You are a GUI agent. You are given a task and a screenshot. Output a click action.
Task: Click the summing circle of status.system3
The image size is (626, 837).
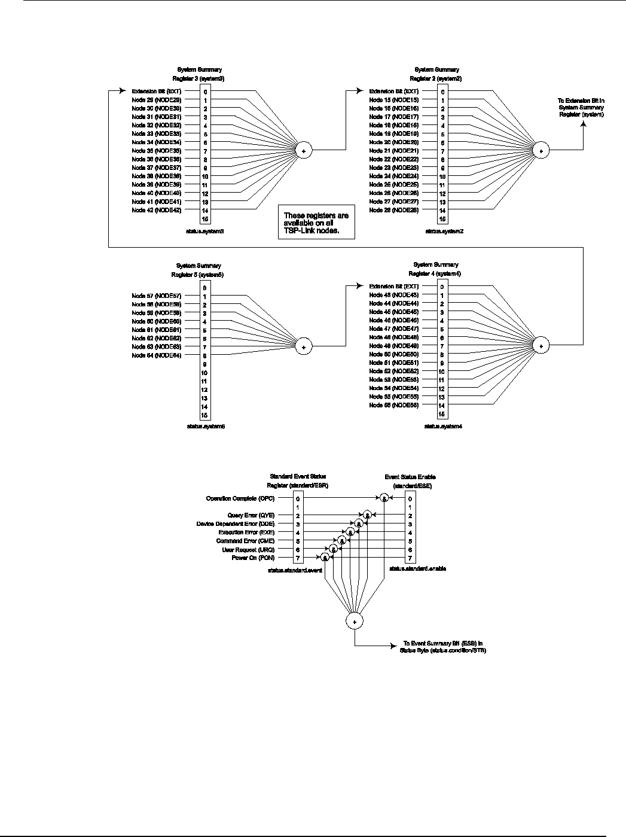[304, 151]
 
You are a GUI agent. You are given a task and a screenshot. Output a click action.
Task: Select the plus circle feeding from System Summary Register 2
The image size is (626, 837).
[541, 151]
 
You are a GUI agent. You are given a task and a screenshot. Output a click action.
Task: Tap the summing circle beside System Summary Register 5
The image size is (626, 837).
[304, 346]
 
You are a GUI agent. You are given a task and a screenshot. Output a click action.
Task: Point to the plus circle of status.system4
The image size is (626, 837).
[541, 345]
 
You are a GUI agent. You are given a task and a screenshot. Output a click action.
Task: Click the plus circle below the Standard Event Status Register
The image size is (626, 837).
[355, 622]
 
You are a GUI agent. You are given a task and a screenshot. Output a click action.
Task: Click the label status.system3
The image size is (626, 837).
[205, 231]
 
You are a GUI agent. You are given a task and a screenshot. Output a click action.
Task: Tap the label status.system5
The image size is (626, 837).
[205, 427]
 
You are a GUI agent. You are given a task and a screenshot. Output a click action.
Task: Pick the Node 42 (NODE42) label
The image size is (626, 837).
[157, 211]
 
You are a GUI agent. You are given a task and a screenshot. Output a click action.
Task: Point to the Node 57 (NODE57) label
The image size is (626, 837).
[157, 296]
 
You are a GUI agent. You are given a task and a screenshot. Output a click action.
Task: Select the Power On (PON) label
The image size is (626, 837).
[253, 558]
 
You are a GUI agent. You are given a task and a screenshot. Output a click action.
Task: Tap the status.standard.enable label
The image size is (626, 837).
[417, 568]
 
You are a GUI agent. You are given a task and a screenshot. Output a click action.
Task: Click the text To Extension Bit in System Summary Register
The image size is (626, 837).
[581, 108]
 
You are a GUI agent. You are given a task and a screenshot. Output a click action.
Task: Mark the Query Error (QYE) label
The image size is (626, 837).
[251, 515]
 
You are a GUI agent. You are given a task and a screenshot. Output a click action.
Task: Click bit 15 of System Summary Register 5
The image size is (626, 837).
[204, 415]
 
